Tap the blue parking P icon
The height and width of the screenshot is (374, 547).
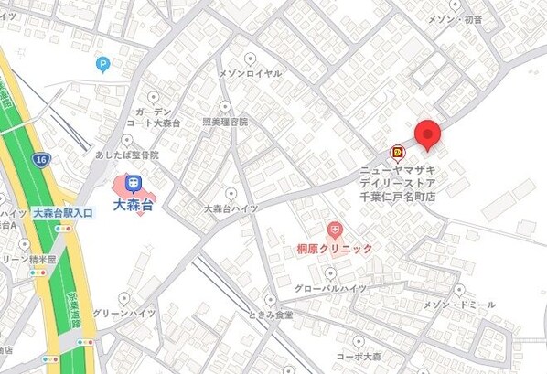(x=102, y=64)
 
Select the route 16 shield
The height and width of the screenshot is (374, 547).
(x=40, y=159)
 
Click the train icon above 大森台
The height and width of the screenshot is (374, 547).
(x=134, y=183)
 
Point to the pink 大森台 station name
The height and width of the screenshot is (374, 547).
(x=134, y=205)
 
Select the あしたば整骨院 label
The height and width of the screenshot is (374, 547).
(x=126, y=155)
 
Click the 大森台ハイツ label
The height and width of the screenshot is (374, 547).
(x=231, y=208)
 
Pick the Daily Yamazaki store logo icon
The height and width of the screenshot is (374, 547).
(x=397, y=153)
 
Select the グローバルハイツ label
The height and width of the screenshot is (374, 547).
(x=330, y=288)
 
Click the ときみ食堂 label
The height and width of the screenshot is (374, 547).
(x=270, y=315)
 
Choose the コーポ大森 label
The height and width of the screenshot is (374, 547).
(x=358, y=357)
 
